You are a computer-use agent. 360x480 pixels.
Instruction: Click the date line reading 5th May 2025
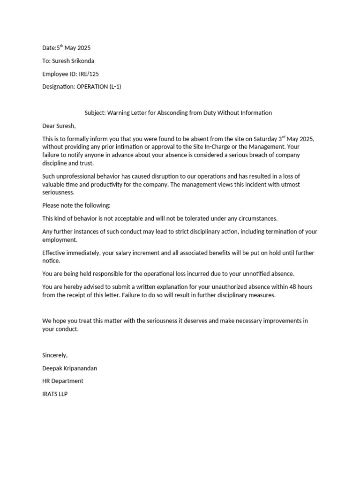coord(66,48)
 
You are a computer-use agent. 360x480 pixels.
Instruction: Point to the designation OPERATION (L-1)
coord(98,87)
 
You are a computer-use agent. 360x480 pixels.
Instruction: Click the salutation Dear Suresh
coord(59,126)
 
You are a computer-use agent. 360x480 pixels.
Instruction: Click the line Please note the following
coord(76,205)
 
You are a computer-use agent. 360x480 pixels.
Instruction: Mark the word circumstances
coord(254,218)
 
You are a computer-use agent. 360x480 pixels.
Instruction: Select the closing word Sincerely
coord(55,355)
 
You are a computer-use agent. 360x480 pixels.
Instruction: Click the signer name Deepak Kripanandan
coord(69,368)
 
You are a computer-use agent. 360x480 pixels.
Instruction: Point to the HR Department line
coord(63,381)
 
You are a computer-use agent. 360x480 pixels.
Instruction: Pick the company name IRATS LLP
coord(55,394)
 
